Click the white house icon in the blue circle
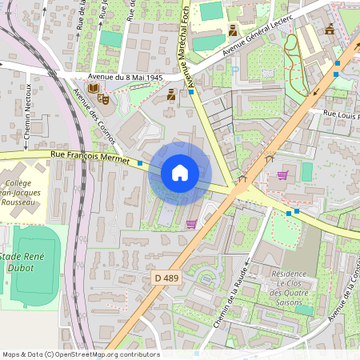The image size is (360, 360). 180,173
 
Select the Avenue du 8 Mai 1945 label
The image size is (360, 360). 125,78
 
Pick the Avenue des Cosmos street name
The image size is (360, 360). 94,117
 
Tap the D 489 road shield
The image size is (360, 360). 165,276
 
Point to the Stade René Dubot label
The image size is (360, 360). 27,262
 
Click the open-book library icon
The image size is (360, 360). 93,87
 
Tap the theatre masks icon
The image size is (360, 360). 102,98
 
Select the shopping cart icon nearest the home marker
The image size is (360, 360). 192,224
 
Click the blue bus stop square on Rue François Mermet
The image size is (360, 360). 141,163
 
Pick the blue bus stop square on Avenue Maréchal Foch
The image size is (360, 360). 192,92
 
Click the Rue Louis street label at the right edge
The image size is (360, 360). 340,115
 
